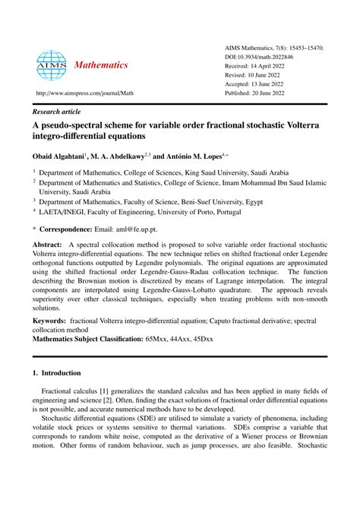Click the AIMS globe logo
tap(52, 65)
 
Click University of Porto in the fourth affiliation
tap(196, 213)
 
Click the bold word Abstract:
tap(48, 245)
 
